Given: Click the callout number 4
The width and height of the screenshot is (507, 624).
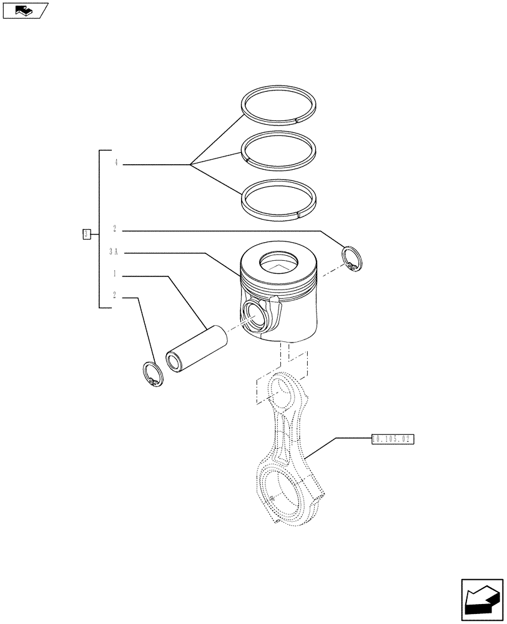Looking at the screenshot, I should [116, 163].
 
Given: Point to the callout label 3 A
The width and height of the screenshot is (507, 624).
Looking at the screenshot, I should [114, 252].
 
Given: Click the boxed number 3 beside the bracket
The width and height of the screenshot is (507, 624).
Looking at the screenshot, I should [86, 234].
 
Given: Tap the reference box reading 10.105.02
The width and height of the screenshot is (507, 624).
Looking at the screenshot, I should [393, 439].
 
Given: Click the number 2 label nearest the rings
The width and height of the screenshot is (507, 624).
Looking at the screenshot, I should [115, 229].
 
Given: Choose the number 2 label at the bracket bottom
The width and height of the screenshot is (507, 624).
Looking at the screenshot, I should [115, 296].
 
